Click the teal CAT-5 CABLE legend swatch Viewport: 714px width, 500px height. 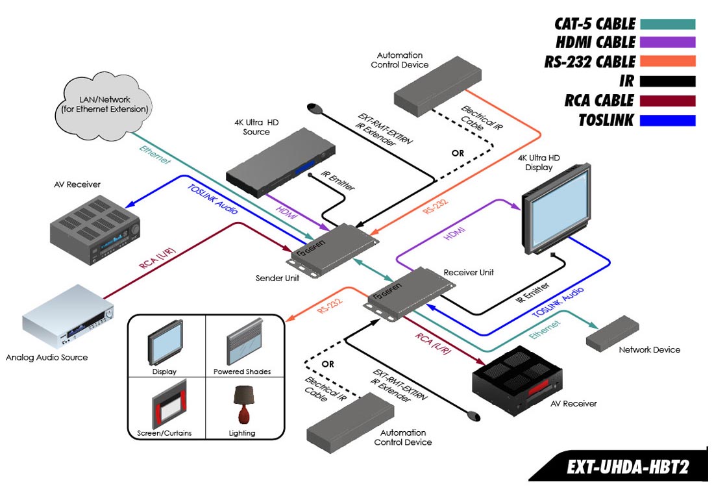coord(667,24)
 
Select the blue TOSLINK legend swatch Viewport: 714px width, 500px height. coord(667,120)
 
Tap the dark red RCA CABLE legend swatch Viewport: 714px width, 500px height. coord(667,101)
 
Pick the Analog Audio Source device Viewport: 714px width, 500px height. coord(68,321)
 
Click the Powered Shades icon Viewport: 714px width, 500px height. coord(243,342)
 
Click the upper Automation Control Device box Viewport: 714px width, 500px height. coord(438,84)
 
